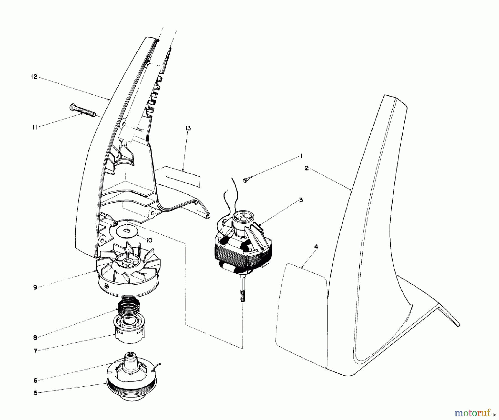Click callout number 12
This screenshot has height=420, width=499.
click(x=34, y=77)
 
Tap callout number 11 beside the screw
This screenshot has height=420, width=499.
click(x=35, y=128)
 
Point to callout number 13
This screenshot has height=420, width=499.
click(x=188, y=128)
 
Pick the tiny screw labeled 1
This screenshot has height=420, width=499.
click(x=246, y=180)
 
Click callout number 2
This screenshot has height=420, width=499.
click(x=307, y=168)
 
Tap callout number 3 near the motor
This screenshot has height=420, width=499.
click(x=301, y=200)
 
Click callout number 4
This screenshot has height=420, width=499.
click(x=316, y=247)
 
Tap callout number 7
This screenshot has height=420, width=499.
click(x=35, y=351)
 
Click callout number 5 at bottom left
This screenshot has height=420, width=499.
click(x=35, y=393)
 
